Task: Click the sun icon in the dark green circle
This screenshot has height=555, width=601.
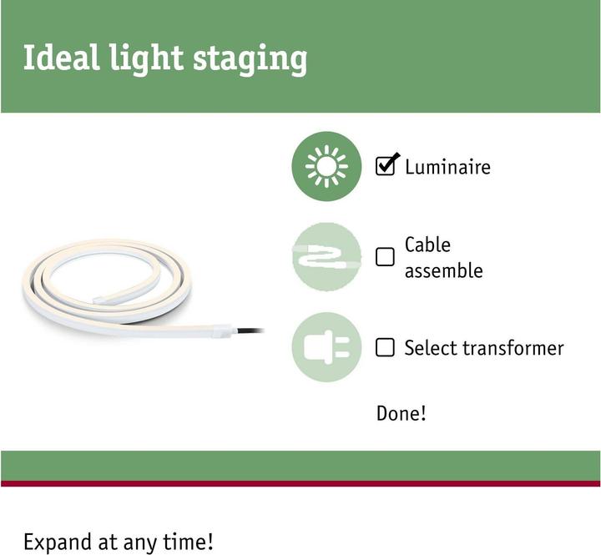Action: [326, 167]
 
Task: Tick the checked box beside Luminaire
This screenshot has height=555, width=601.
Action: [386, 166]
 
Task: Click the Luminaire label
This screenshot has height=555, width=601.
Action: [447, 167]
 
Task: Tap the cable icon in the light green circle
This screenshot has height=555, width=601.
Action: [326, 257]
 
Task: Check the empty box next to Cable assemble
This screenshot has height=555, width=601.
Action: [385, 257]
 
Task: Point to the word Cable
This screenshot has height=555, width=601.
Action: [427, 245]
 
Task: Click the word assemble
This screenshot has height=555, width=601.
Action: [443, 270]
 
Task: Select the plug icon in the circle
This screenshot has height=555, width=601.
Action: [326, 347]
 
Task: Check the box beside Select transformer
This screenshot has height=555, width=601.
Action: [385, 347]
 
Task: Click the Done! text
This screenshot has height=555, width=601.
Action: [402, 413]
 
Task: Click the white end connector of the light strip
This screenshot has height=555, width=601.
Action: [221, 330]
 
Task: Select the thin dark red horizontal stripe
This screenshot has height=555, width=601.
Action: [300, 483]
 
